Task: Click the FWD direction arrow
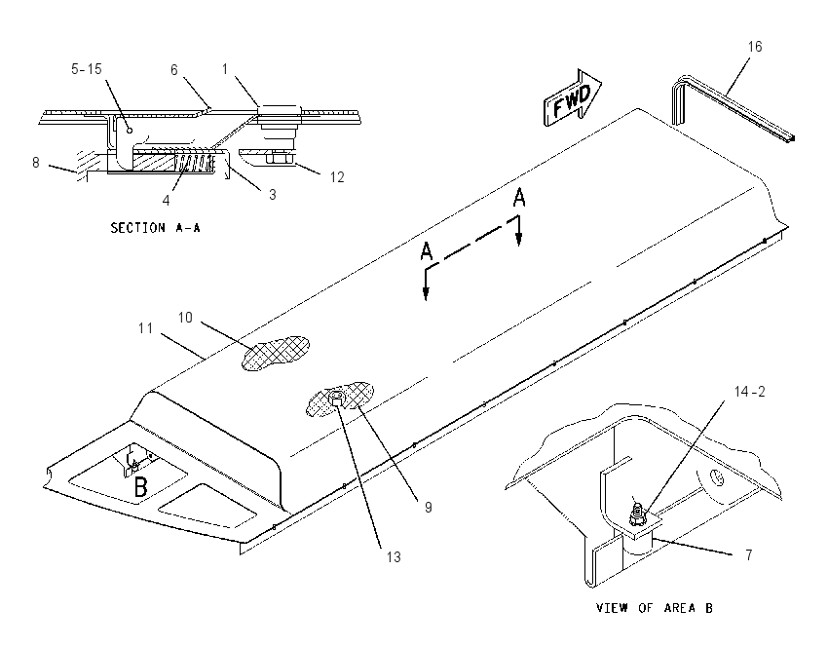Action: click(x=573, y=98)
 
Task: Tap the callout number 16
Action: click(x=755, y=47)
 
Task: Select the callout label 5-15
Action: click(x=87, y=69)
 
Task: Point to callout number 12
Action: click(x=337, y=177)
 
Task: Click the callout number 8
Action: click(x=35, y=162)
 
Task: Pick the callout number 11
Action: click(x=145, y=328)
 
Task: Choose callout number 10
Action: click(x=185, y=318)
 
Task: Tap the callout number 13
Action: click(x=394, y=556)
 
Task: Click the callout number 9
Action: click(x=429, y=507)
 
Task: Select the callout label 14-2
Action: click(x=749, y=392)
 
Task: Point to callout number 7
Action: click(x=749, y=554)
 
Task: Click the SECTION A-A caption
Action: click(x=155, y=228)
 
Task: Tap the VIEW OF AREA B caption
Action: click(x=655, y=608)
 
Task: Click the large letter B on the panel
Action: click(x=140, y=487)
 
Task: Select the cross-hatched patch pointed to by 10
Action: click(x=276, y=353)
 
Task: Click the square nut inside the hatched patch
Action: click(x=336, y=399)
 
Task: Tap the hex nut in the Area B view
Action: click(x=637, y=518)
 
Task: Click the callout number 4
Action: click(x=166, y=200)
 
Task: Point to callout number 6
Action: click(x=173, y=70)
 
